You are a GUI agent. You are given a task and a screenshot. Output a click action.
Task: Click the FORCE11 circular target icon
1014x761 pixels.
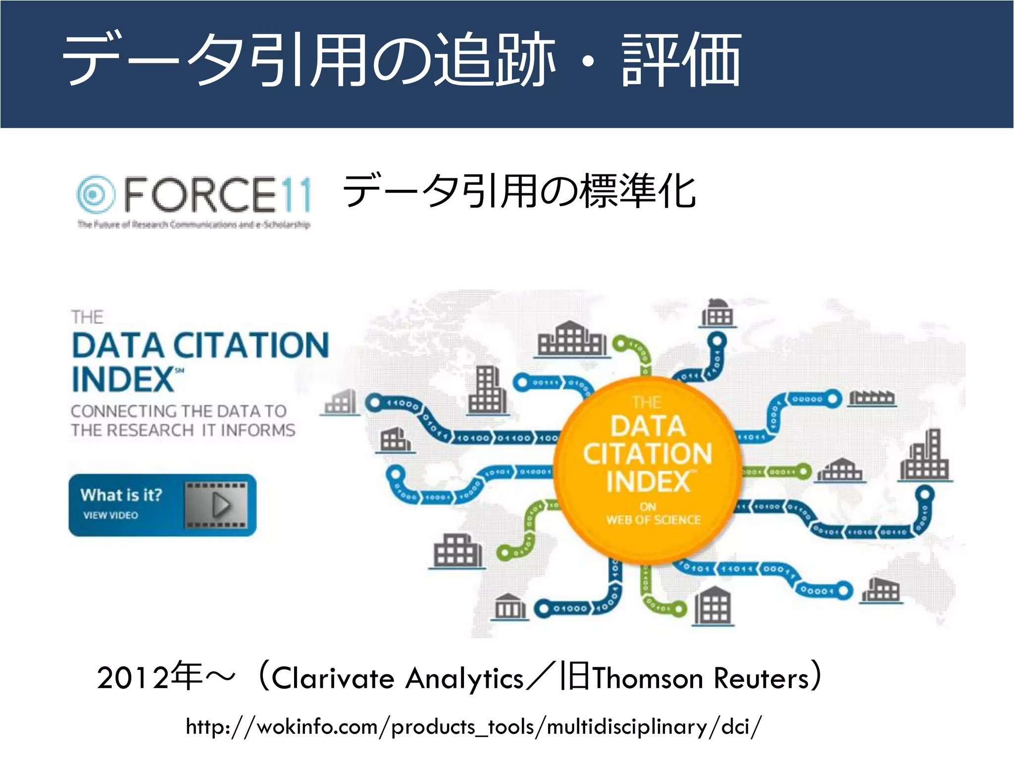95,194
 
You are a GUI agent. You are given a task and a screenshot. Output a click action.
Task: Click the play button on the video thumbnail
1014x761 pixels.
220,505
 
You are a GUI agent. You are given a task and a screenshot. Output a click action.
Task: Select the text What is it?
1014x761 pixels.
121,495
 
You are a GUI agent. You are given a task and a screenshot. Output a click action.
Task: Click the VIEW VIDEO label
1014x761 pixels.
110,515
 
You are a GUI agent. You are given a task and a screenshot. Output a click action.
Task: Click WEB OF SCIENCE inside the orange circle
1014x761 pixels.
653,520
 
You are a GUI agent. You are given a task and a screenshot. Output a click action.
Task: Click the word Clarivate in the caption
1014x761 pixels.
333,678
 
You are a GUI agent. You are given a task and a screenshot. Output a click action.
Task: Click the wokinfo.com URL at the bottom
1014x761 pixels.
473,727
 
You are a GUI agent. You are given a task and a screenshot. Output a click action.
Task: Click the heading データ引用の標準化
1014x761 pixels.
519,192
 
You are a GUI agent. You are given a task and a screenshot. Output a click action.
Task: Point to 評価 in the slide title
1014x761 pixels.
681,60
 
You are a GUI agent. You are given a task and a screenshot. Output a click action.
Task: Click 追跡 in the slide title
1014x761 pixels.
495,60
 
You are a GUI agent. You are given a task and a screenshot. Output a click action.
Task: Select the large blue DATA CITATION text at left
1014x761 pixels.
200,345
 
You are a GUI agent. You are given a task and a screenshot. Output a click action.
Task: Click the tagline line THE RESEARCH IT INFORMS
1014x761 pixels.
183,430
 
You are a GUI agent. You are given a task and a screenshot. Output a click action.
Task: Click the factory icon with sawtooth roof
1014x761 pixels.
872,397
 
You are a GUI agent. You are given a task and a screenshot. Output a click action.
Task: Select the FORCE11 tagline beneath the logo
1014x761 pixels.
194,225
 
